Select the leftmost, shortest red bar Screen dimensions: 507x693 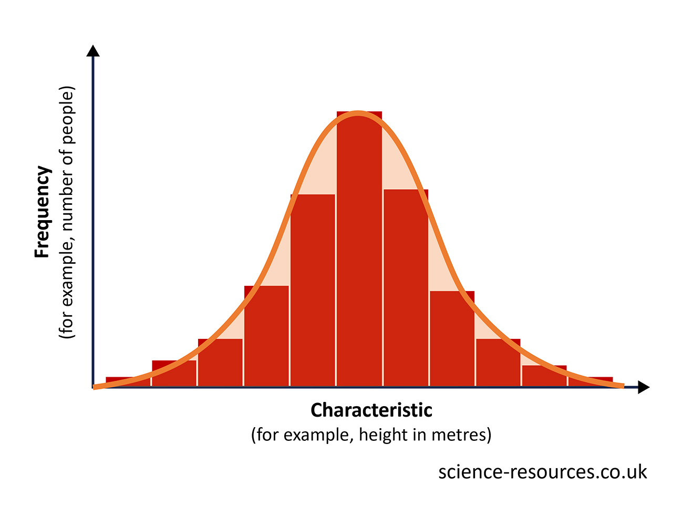pos(128,381)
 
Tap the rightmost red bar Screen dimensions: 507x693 pos(591,381)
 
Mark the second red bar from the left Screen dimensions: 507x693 pos(174,374)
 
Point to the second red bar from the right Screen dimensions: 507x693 pos(544,376)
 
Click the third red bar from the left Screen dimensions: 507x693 pos(220,363)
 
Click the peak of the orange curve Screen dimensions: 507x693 pos(358,113)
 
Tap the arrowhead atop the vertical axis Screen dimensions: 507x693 pos(93,51)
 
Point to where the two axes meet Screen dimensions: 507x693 pos(94,387)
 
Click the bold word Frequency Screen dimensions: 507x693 pos(42,212)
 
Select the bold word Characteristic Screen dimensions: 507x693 pos(371,410)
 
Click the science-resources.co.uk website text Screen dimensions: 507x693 pos(542,472)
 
